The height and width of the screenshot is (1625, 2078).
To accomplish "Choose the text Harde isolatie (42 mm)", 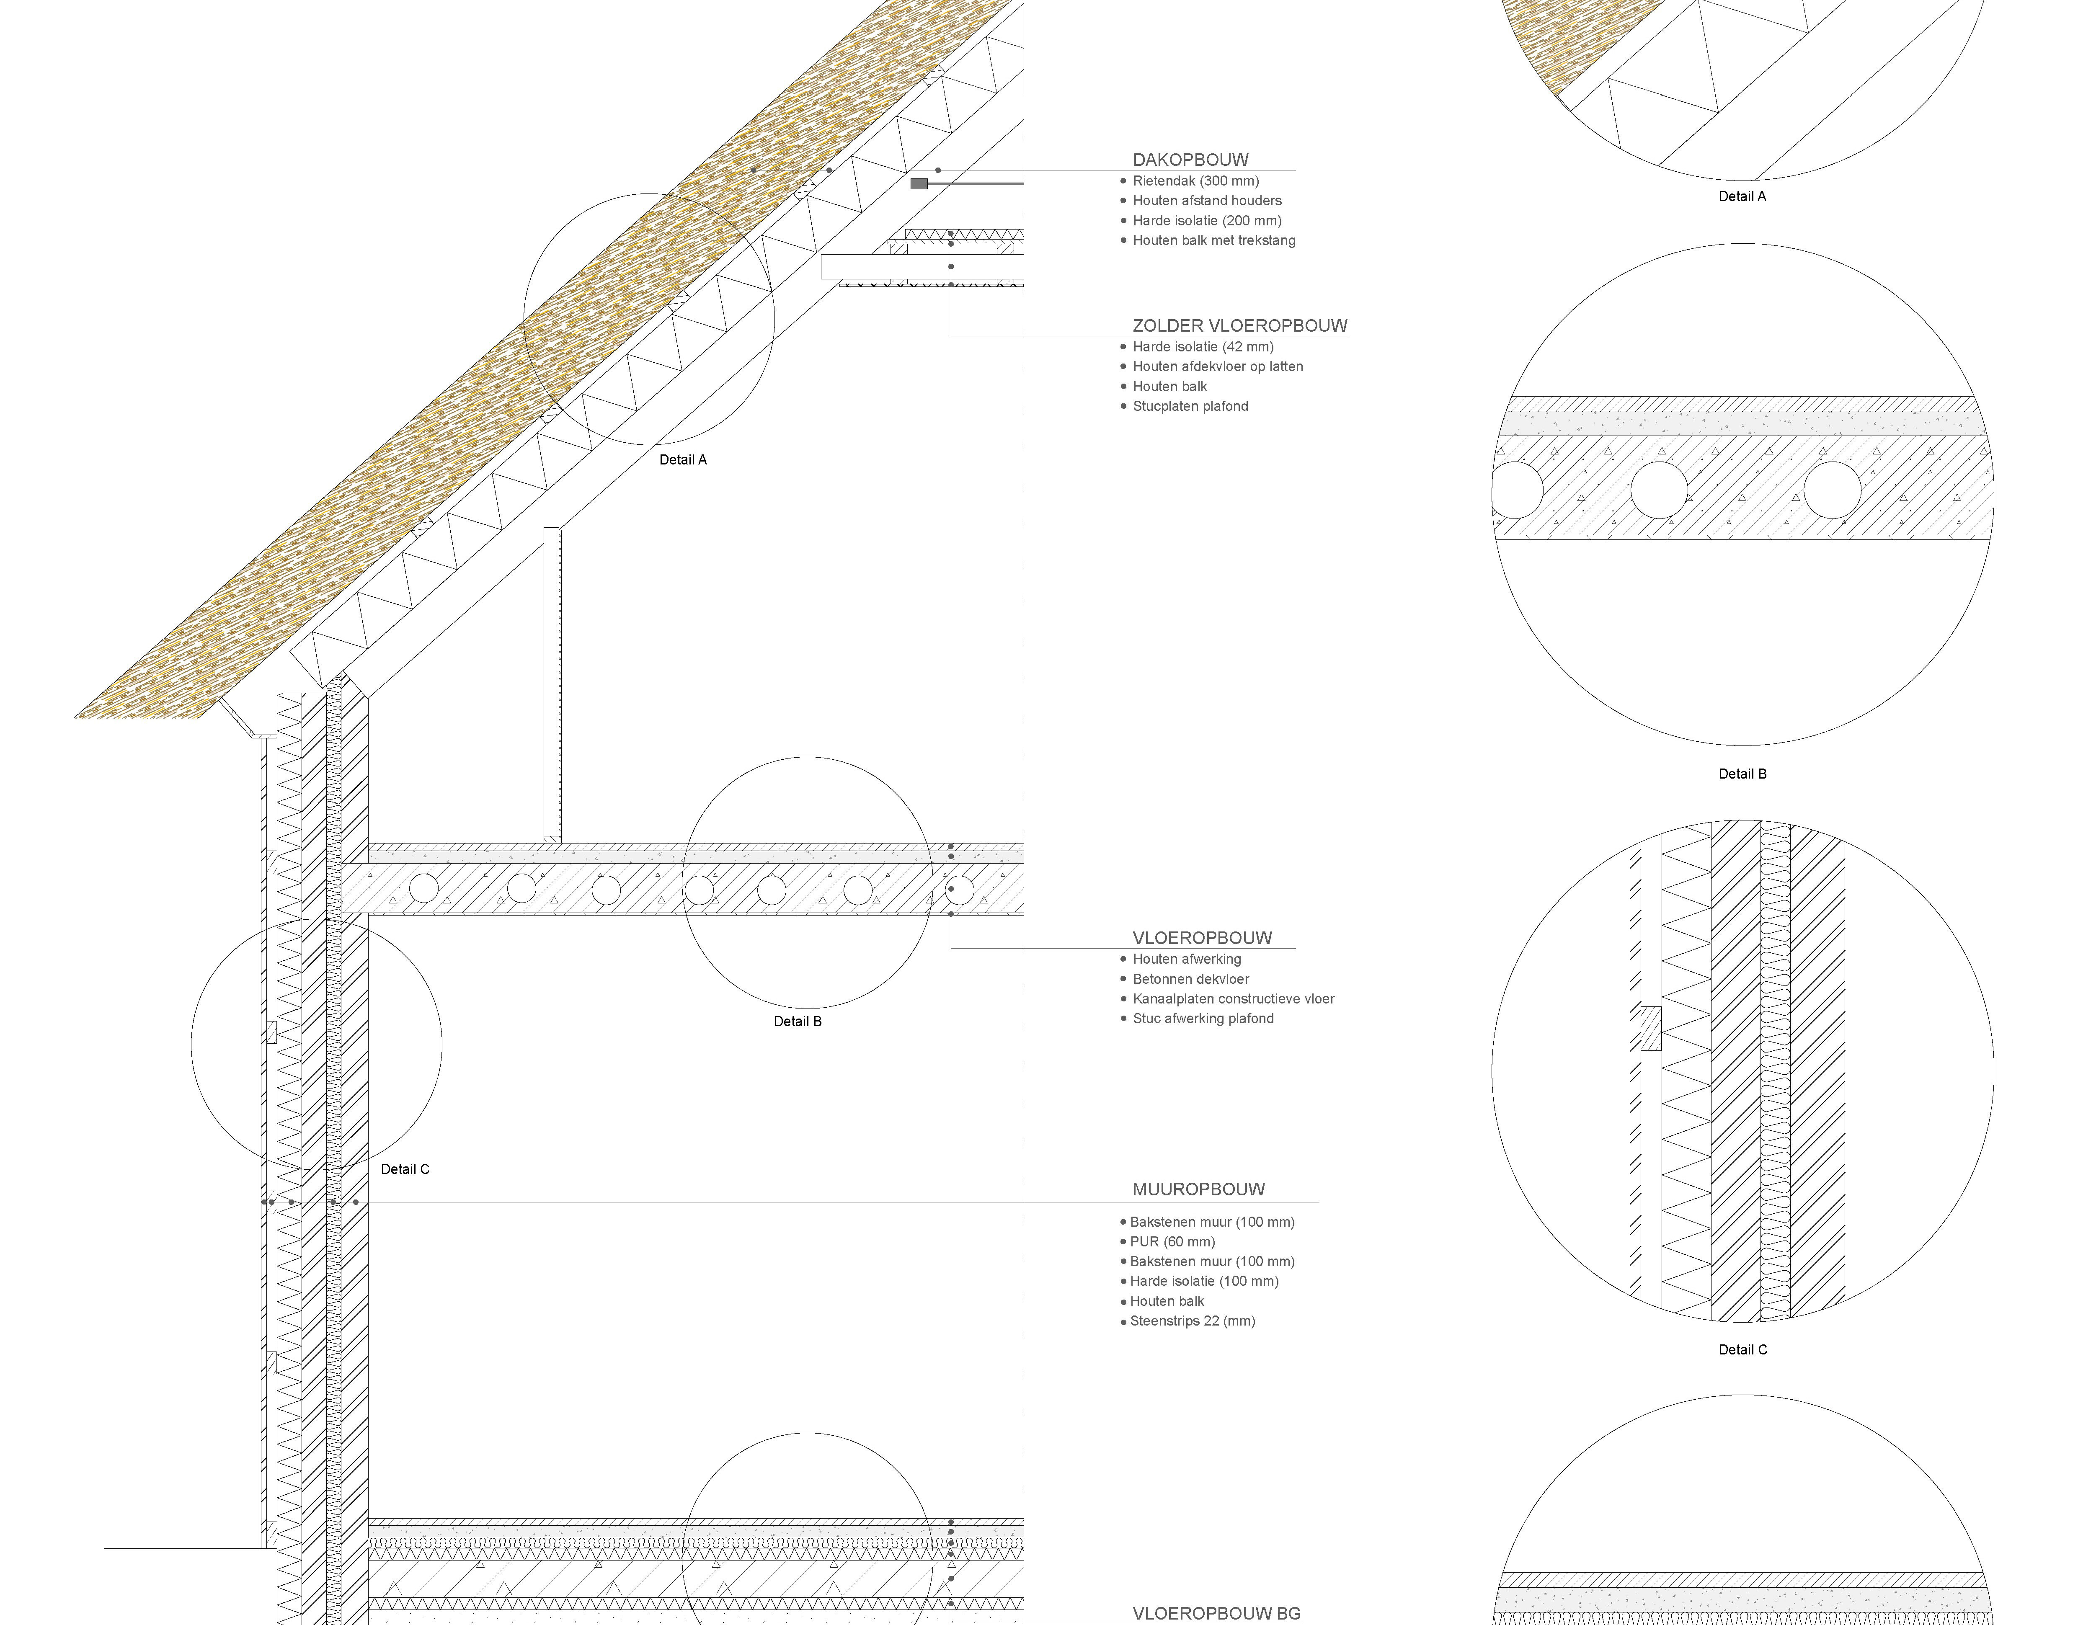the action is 1203,347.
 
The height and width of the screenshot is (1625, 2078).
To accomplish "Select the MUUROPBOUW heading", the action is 1198,1189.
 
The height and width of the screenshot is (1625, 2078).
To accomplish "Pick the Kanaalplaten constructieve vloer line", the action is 1233,999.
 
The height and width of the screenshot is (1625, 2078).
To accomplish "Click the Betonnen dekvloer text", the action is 1190,979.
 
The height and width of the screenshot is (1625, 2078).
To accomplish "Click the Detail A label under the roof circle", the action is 683,459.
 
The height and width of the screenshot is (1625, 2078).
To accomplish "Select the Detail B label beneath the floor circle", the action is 798,1022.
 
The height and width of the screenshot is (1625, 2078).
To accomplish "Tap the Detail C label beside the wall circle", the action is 405,1169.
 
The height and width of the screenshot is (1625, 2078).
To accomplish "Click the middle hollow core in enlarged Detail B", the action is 1660,490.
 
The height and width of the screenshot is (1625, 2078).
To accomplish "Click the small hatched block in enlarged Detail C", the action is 1651,1029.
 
